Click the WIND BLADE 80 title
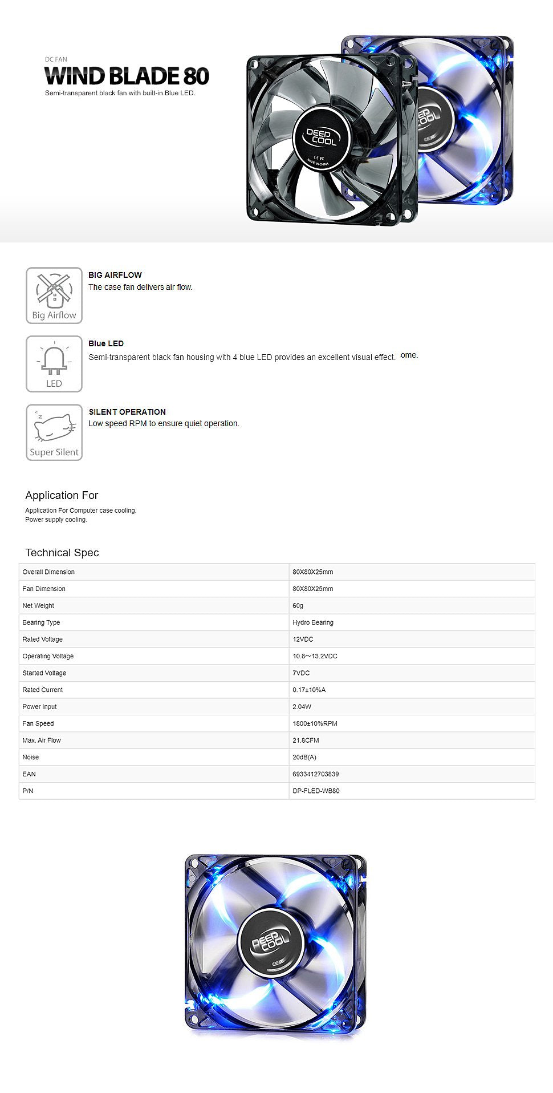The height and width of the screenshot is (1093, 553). click(x=127, y=76)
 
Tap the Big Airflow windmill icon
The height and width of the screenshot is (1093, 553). click(x=54, y=295)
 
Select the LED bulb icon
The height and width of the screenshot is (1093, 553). click(x=54, y=364)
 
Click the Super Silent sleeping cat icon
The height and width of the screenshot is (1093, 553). click(x=54, y=432)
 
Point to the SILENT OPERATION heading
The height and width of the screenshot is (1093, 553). click(x=127, y=412)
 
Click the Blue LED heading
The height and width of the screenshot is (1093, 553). click(x=106, y=343)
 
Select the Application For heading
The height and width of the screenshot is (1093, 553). click(x=62, y=495)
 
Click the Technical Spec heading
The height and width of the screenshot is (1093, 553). click(x=62, y=553)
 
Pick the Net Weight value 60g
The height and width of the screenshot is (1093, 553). click(x=298, y=606)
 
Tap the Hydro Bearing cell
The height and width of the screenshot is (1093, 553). click(x=313, y=622)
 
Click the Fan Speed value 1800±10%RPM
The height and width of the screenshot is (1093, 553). click(x=315, y=723)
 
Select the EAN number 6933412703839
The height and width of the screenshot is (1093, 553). click(x=316, y=774)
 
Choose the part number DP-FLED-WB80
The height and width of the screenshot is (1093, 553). click(x=316, y=791)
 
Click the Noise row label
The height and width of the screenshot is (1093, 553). click(x=31, y=757)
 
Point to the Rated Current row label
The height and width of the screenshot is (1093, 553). click(x=43, y=690)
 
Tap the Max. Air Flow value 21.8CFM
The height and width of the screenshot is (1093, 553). click(x=306, y=740)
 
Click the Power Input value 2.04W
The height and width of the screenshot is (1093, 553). click(x=302, y=707)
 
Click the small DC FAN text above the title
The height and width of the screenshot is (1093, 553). click(x=56, y=59)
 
